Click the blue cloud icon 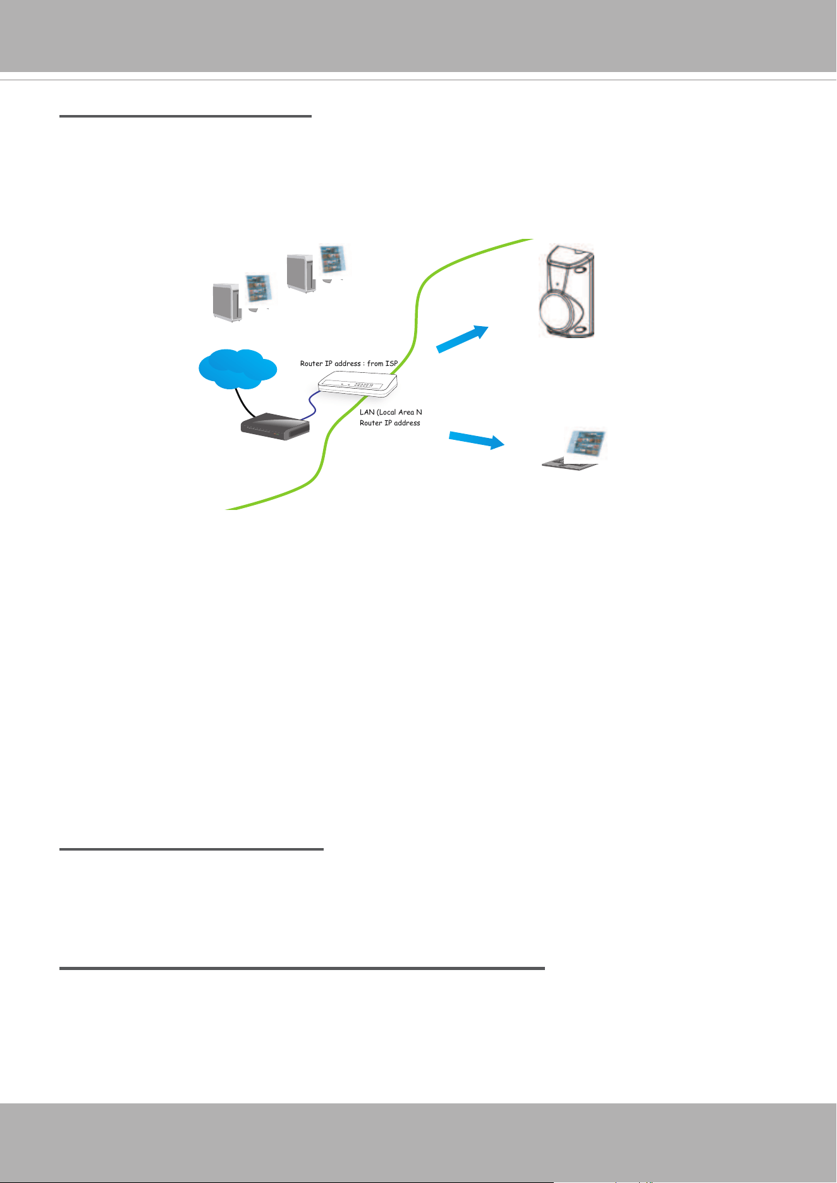click(237, 368)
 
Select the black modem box click(276, 427)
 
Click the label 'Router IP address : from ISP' click(349, 363)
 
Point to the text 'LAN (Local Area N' click(391, 412)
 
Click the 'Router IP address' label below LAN click(390, 423)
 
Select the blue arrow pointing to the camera click(463, 339)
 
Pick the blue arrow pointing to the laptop click(477, 440)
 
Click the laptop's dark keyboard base click(569, 463)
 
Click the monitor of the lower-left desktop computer click(259, 291)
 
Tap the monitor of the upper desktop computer click(333, 260)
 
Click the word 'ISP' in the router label click(391, 363)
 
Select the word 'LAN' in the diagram click(367, 412)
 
